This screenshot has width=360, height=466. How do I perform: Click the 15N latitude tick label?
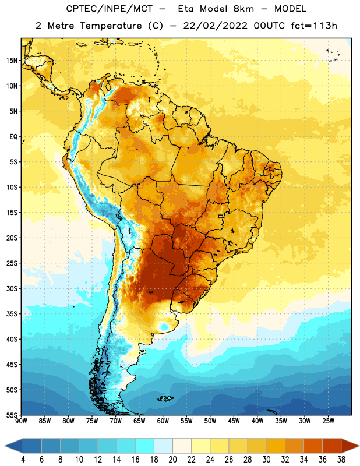coord(12,61)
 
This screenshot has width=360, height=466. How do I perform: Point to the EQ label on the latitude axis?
coord(13,137)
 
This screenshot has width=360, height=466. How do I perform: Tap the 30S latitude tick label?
coord(12,288)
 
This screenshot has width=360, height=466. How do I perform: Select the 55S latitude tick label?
coord(12,415)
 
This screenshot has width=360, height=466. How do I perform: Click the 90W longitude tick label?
coord(21,421)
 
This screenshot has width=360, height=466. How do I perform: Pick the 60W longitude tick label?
coord(163,421)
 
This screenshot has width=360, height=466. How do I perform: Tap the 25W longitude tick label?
coord(328,421)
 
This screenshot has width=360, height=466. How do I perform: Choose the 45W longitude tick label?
coord(234,421)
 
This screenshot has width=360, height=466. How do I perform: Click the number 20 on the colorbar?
coord(172,460)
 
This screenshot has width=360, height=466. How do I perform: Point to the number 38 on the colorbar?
coord(341,460)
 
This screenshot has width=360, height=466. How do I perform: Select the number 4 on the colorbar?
coord(23,460)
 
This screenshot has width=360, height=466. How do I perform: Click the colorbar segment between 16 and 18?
coord(145,446)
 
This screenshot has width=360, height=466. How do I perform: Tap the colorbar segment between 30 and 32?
coord(276,446)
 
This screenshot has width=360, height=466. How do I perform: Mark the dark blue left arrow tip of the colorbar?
coord(5,446)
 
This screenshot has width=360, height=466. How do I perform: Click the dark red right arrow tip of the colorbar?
coord(359,446)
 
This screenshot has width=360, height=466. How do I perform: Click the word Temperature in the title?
coord(111,26)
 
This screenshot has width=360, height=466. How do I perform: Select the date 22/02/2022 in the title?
coord(215,26)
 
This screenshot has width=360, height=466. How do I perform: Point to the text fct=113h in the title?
coord(314,26)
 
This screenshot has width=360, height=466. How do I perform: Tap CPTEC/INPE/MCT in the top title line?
coord(109,9)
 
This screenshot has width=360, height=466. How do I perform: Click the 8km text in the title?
coord(243,9)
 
